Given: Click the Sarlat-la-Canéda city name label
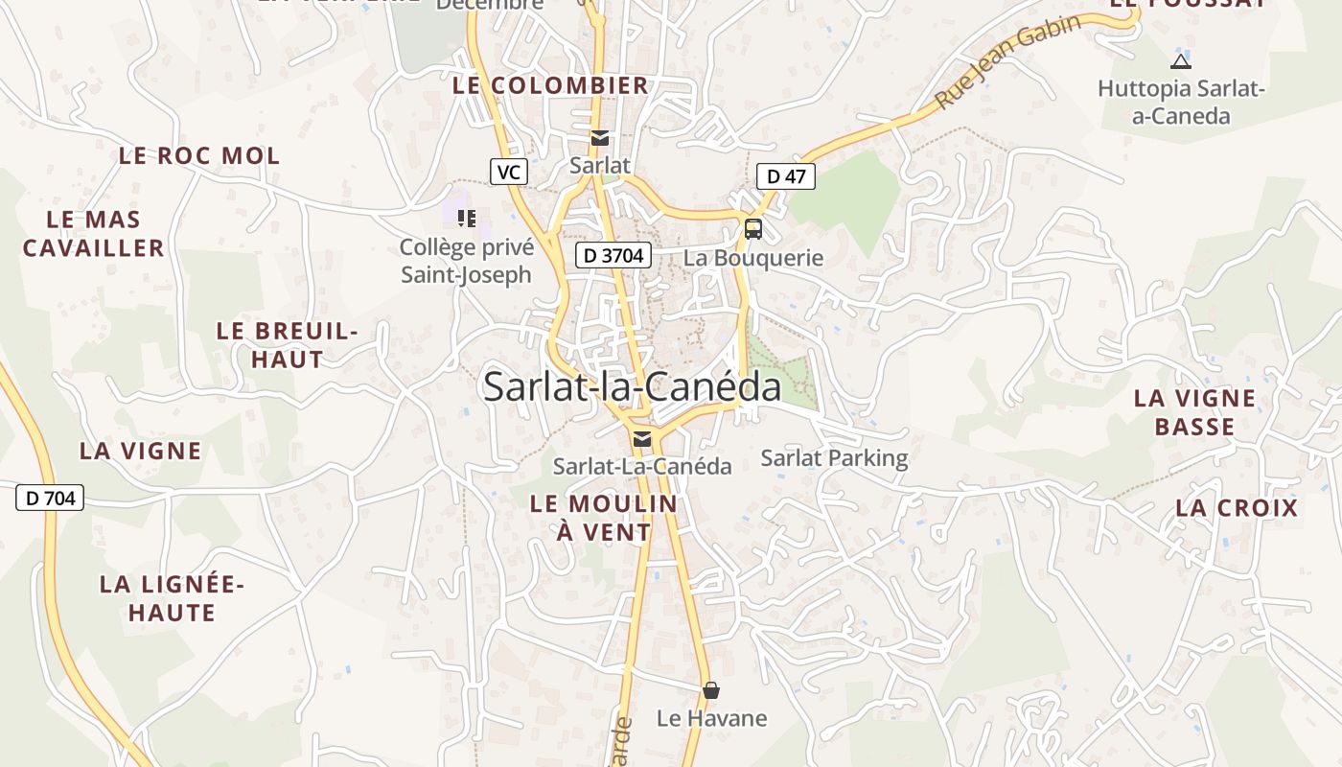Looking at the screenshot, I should click(632, 386).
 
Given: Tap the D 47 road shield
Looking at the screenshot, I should click(785, 176).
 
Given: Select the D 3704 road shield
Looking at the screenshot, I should click(613, 255).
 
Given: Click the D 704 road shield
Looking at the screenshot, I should click(50, 498).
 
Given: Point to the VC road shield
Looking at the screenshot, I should click(509, 173).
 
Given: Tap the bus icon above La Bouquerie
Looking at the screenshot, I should click(753, 229).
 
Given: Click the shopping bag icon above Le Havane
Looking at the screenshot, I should click(711, 690).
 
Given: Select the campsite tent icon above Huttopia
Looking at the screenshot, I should click(1181, 62).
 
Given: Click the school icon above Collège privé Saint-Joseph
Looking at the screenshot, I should click(467, 219).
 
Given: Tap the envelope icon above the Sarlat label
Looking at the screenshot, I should click(600, 138).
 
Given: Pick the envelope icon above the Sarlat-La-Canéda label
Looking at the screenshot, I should click(642, 439).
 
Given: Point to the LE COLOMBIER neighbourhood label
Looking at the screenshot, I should click(550, 85).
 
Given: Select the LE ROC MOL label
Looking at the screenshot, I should click(199, 155).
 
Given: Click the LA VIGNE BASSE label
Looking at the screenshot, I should click(1194, 412).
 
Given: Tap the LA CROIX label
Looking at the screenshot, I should click(1237, 508).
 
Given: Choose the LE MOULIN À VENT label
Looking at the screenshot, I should click(604, 517).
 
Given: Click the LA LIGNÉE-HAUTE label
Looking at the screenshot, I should click(173, 597).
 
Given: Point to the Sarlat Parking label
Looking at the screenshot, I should click(834, 458).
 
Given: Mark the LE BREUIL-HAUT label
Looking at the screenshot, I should click(287, 345).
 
